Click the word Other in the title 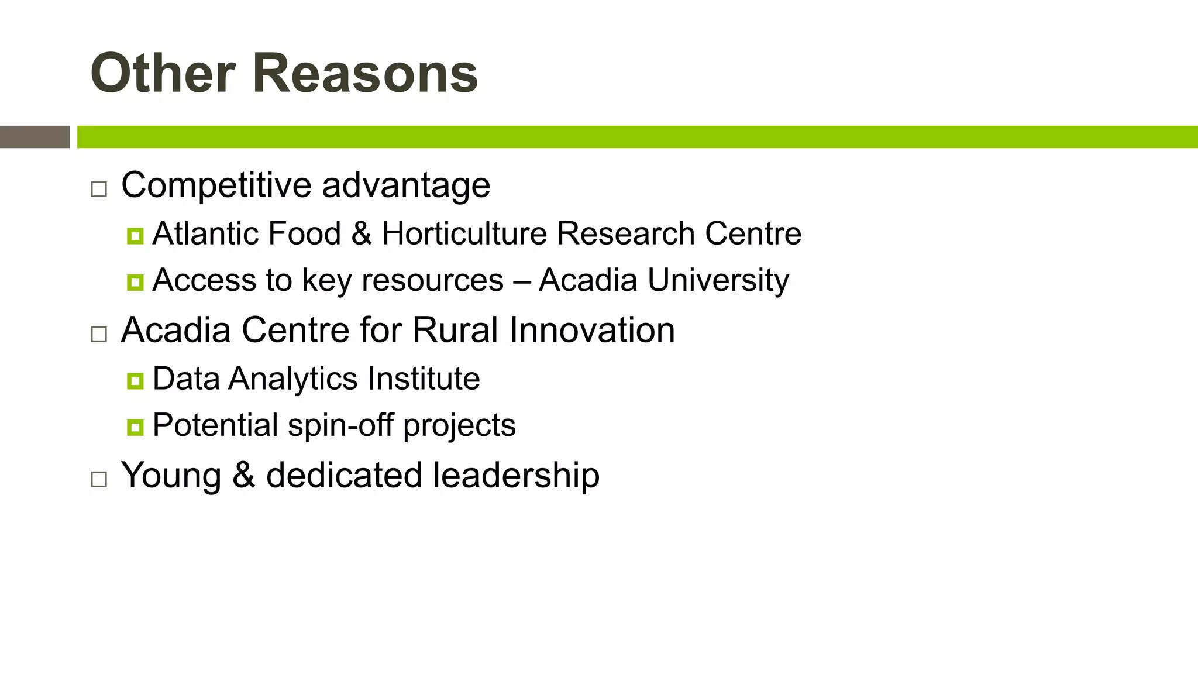[x=163, y=73]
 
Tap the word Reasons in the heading [x=366, y=73]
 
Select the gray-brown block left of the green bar [x=35, y=137]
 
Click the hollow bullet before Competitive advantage [x=99, y=189]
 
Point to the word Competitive [x=216, y=185]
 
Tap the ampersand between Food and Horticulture [x=362, y=233]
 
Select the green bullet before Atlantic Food [x=135, y=236]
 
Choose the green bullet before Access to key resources [x=135, y=283]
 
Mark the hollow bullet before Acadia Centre [x=99, y=334]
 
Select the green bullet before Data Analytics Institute [x=135, y=381]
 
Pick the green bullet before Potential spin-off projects [x=135, y=428]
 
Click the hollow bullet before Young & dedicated [x=99, y=479]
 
